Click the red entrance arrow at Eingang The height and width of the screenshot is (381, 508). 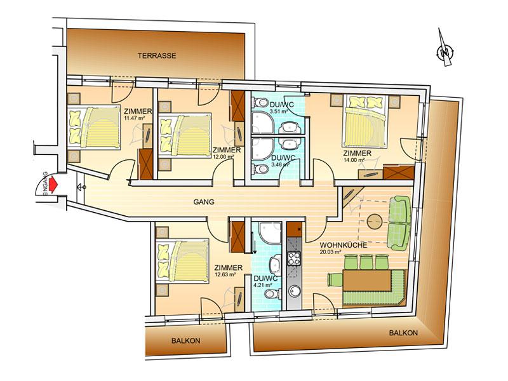tap(53, 185)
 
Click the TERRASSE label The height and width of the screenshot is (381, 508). tap(157, 56)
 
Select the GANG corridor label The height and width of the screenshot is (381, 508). tap(204, 202)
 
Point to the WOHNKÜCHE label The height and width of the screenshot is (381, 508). tap(344, 245)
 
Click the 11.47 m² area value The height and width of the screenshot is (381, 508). tap(134, 118)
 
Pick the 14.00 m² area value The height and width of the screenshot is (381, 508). tap(354, 160)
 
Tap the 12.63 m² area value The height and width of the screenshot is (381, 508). tap(225, 274)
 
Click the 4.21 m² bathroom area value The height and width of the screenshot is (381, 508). tap(263, 285)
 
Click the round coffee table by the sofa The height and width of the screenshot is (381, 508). tap(375, 222)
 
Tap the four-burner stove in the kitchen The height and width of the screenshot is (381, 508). tap(294, 258)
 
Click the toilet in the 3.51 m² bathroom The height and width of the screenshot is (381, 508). tap(262, 102)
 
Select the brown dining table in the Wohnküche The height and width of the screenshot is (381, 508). tap(367, 281)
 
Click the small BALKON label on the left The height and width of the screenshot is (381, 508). tap(185, 341)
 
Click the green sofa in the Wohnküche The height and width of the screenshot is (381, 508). tap(399, 223)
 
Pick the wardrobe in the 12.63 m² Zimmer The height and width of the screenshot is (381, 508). tap(237, 237)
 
